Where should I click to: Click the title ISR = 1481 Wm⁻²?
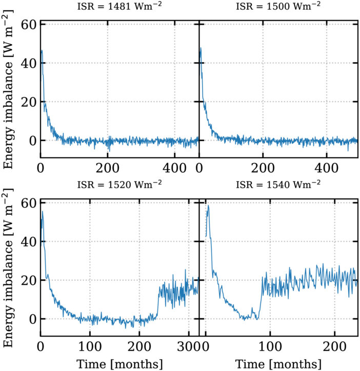pyautogui.click(x=119, y=7)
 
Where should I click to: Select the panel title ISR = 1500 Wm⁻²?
pyautogui.click(x=278, y=7)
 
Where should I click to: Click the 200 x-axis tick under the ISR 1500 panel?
pyautogui.click(x=263, y=167)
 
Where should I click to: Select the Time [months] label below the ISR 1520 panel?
pyautogui.click(x=119, y=363)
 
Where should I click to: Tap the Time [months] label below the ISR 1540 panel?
pyautogui.click(x=278, y=363)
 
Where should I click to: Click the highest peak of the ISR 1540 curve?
pyautogui.click(x=208, y=205)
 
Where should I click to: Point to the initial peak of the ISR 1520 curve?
pyautogui.click(x=43, y=211)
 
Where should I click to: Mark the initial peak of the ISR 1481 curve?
pyautogui.click(x=42, y=50)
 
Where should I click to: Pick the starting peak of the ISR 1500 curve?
pyautogui.click(x=201, y=48)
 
